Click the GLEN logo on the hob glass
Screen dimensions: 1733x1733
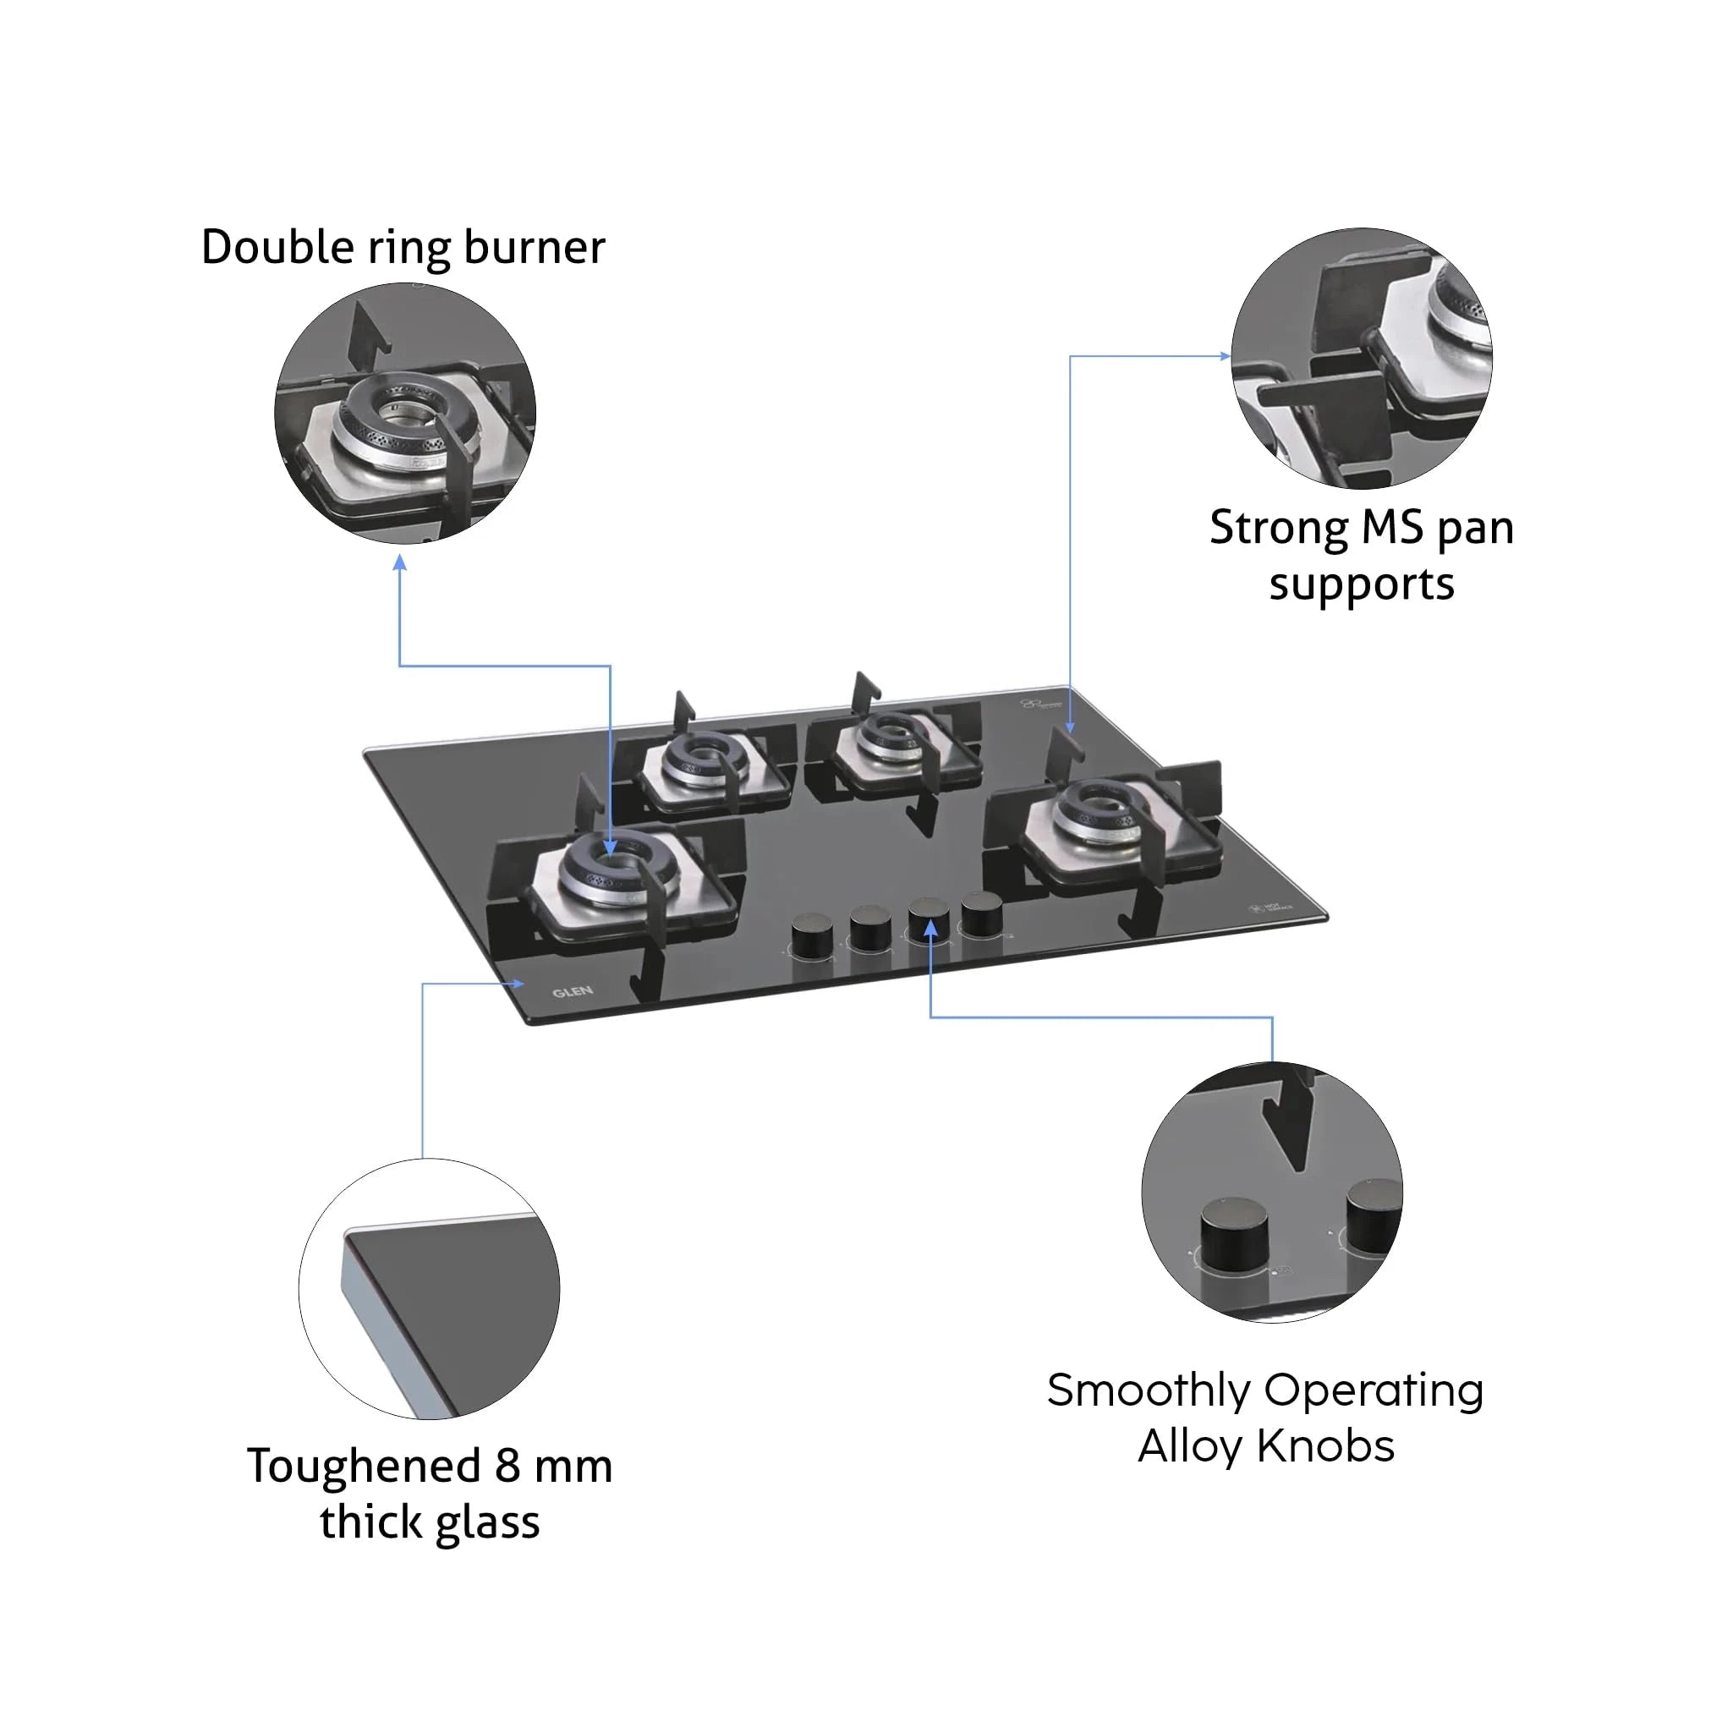(x=573, y=991)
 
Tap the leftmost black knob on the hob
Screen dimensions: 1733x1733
(x=811, y=936)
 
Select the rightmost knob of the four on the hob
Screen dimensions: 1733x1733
(x=981, y=914)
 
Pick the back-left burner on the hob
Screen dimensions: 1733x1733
(x=706, y=762)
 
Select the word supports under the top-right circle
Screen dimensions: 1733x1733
(x=1361, y=584)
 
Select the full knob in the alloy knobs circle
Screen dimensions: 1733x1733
(x=1234, y=1233)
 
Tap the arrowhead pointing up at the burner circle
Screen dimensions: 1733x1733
(x=400, y=562)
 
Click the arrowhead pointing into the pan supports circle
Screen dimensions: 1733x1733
(x=1226, y=356)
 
